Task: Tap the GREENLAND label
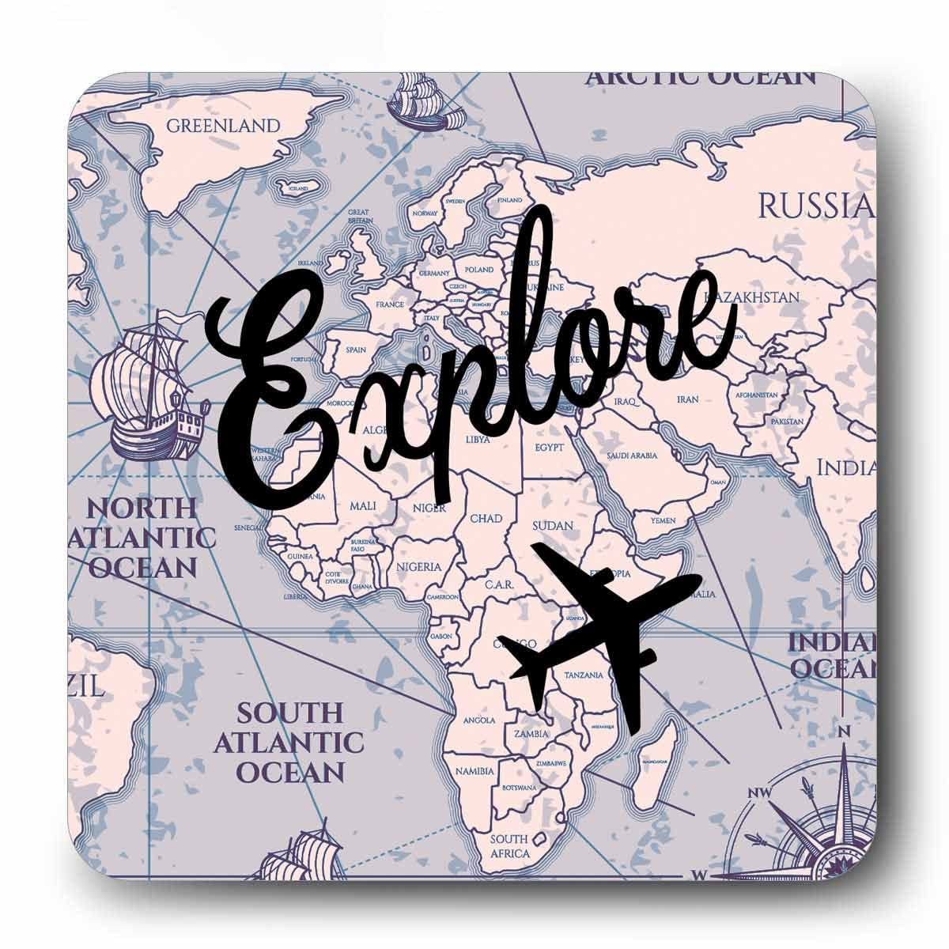tap(223, 125)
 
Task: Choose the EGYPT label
tap(549, 448)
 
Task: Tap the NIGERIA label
tap(418, 566)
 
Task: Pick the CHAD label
tap(486, 519)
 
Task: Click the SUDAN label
tap(552, 525)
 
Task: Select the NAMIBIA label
tap(475, 770)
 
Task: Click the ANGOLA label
tap(479, 720)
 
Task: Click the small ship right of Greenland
tap(425, 103)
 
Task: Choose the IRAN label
tap(687, 399)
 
